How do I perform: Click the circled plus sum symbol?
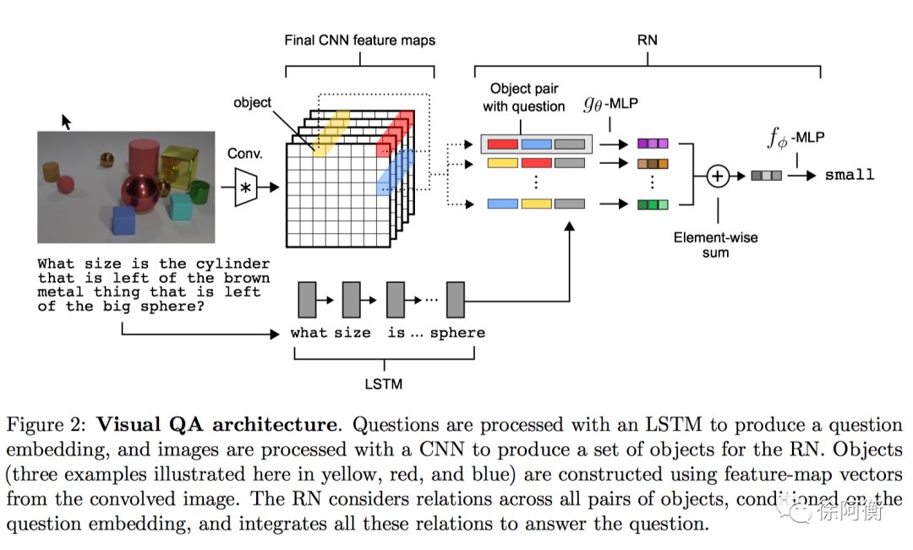(x=718, y=176)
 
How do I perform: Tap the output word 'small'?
(x=850, y=175)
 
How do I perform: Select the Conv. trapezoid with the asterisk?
(x=246, y=188)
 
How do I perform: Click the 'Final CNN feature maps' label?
(x=360, y=41)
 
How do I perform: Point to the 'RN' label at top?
(x=648, y=41)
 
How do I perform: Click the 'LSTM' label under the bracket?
(x=384, y=384)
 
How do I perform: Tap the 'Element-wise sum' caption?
(x=716, y=244)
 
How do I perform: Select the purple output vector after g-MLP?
(x=653, y=144)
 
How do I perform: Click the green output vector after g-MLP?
(x=653, y=204)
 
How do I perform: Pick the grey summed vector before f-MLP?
(x=766, y=175)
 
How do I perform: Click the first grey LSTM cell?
(x=307, y=300)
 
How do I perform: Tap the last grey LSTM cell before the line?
(x=456, y=300)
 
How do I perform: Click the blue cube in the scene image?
(x=124, y=221)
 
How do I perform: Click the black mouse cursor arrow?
(x=66, y=122)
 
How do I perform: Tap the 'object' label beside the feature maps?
(x=252, y=102)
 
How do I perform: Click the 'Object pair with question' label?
(x=524, y=97)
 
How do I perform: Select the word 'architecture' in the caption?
(x=274, y=424)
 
